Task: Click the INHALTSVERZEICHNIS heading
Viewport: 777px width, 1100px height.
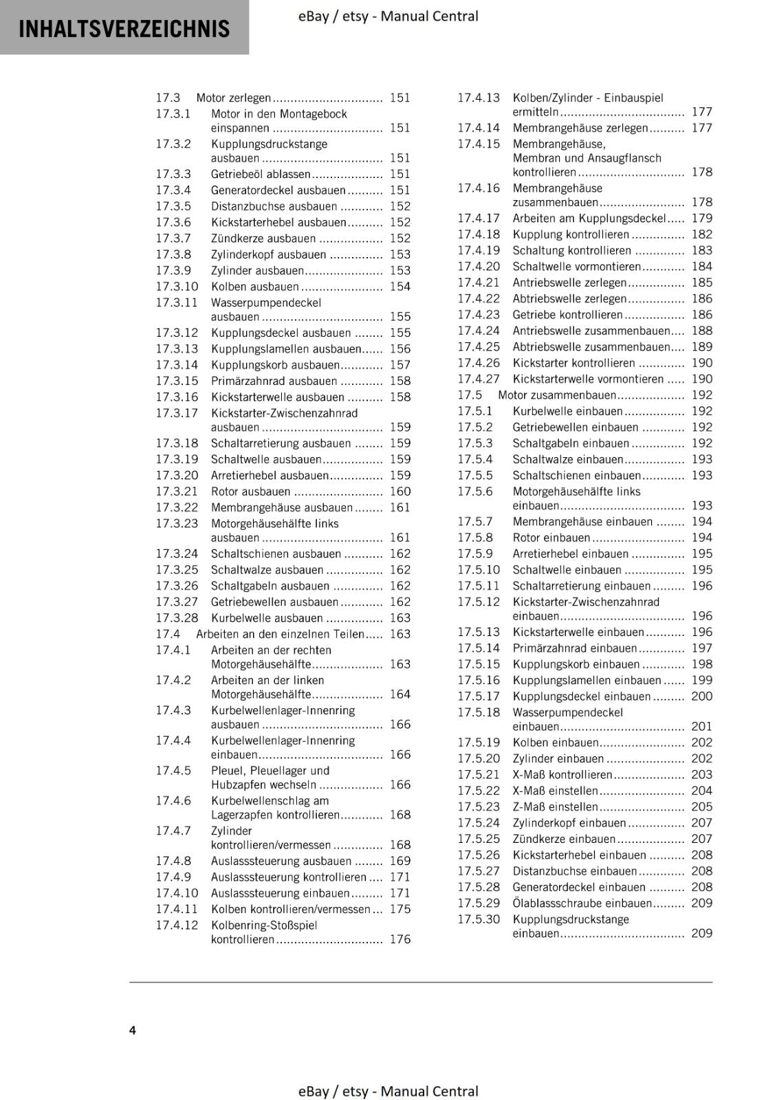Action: (x=124, y=29)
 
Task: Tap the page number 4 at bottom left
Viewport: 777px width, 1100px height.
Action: (x=133, y=1030)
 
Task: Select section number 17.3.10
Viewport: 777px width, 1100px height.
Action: (x=177, y=287)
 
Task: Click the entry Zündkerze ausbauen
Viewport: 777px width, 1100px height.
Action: (x=263, y=239)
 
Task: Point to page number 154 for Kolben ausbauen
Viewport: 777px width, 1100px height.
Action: (x=400, y=287)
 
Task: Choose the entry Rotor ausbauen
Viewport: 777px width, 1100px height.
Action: (x=250, y=492)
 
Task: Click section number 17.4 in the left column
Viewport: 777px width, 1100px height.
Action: (x=168, y=634)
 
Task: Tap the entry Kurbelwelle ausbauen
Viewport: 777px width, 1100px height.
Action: (x=267, y=618)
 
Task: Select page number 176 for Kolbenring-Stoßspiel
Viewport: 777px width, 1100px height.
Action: (x=400, y=939)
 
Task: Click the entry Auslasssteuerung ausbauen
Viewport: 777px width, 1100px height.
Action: (x=281, y=861)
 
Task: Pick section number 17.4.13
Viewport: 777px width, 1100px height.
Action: (x=479, y=98)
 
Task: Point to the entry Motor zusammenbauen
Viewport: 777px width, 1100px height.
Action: (x=556, y=395)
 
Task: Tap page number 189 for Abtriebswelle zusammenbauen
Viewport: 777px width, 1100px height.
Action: (x=702, y=346)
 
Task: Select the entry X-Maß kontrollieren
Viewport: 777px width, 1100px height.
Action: (x=562, y=775)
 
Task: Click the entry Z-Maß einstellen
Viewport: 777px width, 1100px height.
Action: (x=555, y=806)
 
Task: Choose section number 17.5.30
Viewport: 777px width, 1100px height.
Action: (x=479, y=919)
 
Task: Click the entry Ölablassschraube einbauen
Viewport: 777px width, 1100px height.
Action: (x=582, y=903)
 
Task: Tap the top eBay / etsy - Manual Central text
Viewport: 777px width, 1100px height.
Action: (x=388, y=16)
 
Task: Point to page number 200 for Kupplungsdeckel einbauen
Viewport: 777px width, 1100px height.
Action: (x=702, y=696)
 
